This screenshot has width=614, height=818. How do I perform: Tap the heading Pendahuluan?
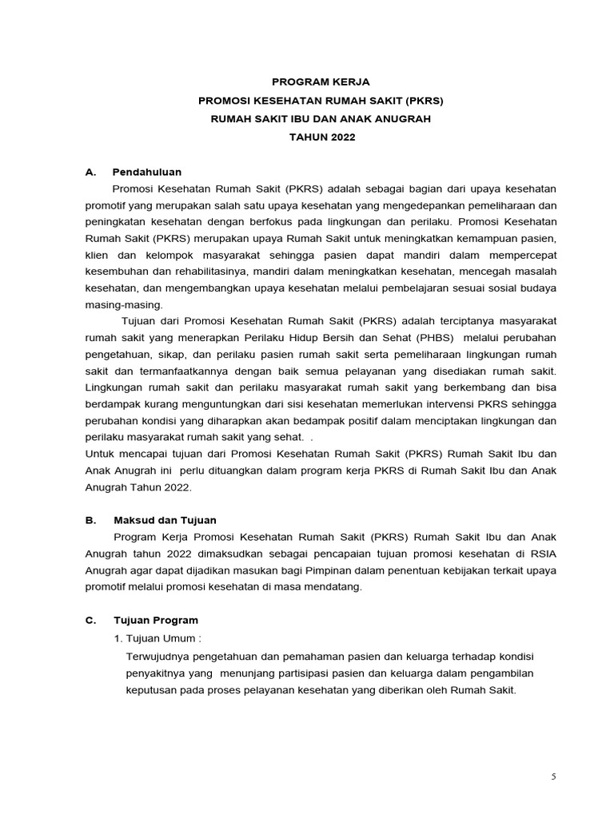click(147, 172)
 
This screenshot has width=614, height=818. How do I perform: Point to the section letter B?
click(90, 520)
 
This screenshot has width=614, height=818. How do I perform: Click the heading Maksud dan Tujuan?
click(165, 520)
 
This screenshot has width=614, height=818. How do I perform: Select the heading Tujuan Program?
click(155, 620)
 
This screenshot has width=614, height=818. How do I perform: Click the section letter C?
click(90, 620)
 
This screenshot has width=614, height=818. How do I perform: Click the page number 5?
click(553, 776)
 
